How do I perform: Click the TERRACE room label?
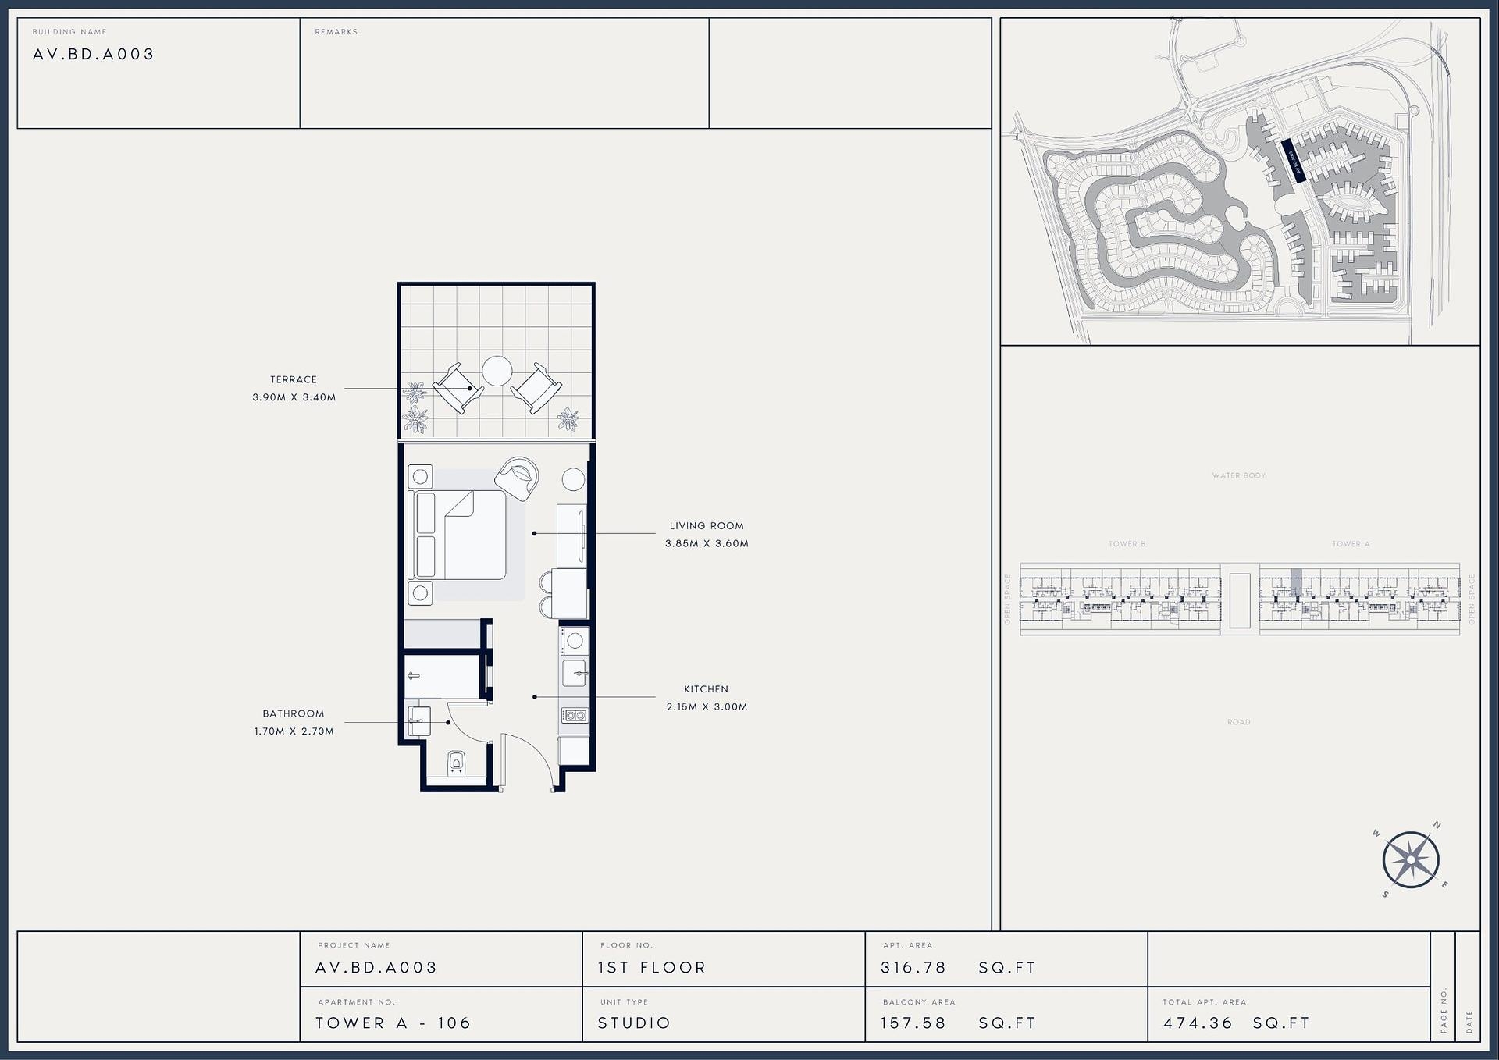[x=294, y=379]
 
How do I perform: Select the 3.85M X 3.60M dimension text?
[x=707, y=544]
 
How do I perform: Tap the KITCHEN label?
[x=706, y=689]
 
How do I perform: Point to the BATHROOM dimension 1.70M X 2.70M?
[x=294, y=731]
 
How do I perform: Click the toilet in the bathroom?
[x=457, y=763]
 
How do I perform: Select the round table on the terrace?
[x=497, y=371]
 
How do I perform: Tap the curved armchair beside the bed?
[x=517, y=478]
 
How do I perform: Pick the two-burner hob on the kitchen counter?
[x=575, y=715]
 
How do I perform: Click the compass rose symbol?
[x=1411, y=860]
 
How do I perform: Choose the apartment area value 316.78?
[x=913, y=968]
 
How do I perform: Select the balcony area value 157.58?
[x=913, y=1023]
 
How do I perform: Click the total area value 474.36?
[x=1198, y=1023]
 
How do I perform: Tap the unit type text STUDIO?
[x=634, y=1023]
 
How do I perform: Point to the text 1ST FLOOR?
[x=651, y=968]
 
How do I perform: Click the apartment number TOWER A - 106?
[x=393, y=1023]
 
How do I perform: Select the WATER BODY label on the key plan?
[x=1238, y=475]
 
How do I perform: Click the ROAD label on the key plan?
[x=1238, y=722]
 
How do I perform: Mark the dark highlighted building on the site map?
[x=1293, y=161]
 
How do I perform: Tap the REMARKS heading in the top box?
[x=336, y=32]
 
